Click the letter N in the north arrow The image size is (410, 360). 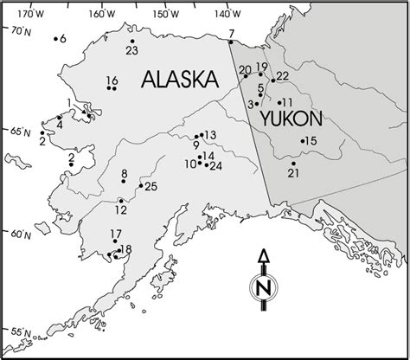266,286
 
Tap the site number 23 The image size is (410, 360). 131,51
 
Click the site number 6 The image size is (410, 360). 63,39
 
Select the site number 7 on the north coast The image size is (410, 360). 232,34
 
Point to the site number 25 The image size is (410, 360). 151,187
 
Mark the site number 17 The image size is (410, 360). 116,234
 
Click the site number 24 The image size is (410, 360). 216,165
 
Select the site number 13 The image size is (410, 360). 209,135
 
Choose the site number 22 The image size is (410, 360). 282,76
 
